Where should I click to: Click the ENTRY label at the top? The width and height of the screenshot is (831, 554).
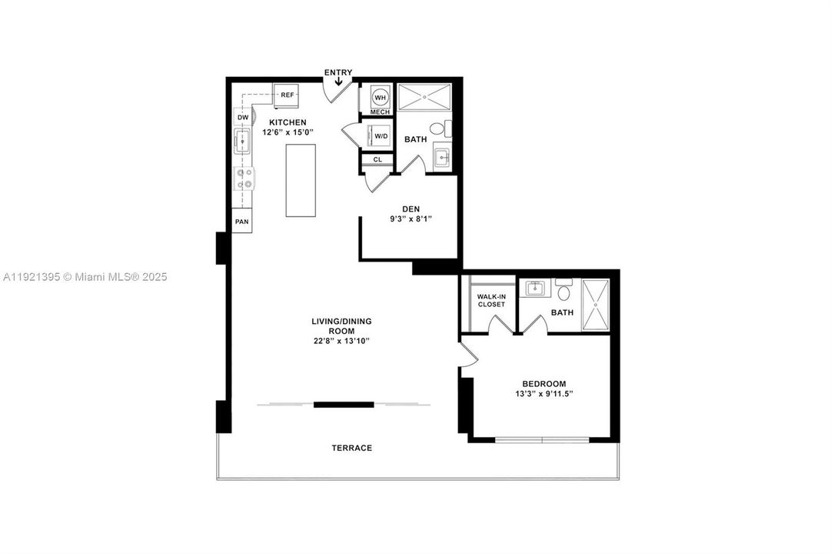[337, 72]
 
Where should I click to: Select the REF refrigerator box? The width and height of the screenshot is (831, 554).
[287, 95]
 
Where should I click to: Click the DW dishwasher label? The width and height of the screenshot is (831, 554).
[242, 118]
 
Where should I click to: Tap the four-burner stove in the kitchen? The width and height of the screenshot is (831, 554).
[244, 179]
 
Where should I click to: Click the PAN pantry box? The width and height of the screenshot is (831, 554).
[242, 222]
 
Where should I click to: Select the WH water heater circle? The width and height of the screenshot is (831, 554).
[380, 97]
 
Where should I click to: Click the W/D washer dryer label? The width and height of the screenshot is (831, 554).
[381, 137]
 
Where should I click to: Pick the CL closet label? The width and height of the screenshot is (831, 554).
[377, 160]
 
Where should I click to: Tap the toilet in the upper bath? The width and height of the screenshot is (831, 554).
[439, 128]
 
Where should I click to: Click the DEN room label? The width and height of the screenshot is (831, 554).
[410, 209]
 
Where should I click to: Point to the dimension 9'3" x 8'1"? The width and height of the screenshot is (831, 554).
[410, 219]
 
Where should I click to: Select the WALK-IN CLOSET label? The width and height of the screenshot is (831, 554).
[490, 300]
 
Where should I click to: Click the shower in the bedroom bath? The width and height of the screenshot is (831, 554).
[596, 305]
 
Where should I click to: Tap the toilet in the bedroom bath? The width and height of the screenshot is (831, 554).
[563, 292]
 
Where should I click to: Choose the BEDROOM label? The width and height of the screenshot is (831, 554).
[543, 384]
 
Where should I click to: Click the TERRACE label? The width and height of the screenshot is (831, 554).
[351, 448]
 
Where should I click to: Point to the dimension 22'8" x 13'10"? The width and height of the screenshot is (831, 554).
[335, 341]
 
